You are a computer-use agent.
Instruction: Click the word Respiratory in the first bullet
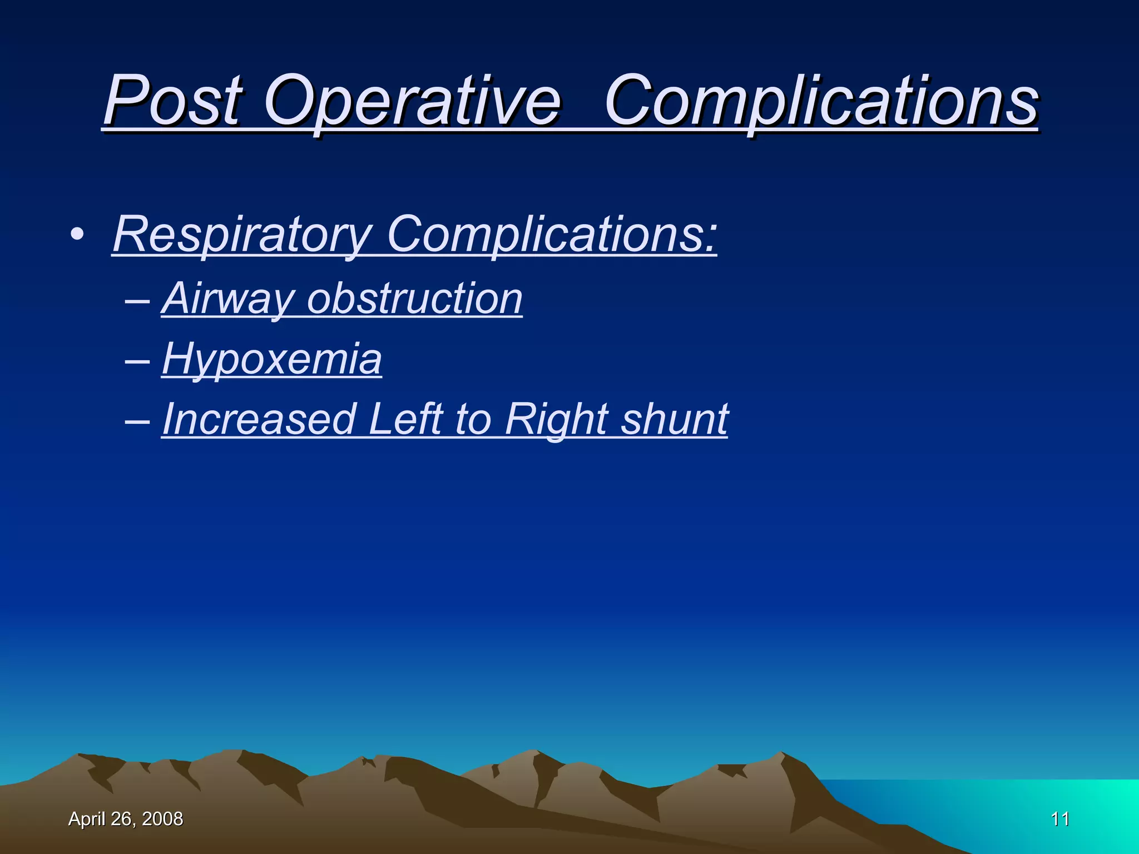[x=242, y=235]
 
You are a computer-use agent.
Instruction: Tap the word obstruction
[x=415, y=299]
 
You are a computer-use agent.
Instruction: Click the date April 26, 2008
[x=125, y=819]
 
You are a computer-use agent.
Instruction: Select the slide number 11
[x=1060, y=819]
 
